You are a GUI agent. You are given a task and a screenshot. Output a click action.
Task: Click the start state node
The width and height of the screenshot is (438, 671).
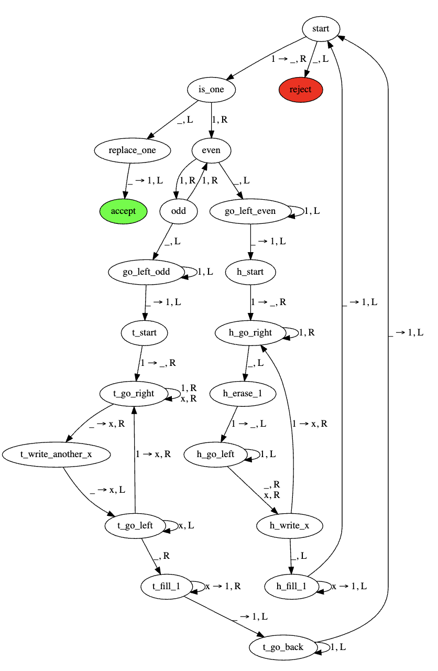point(321,29)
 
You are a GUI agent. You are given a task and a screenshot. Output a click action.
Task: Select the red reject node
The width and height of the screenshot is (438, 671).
point(300,90)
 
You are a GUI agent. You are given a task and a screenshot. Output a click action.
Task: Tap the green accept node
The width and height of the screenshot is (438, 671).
point(123,211)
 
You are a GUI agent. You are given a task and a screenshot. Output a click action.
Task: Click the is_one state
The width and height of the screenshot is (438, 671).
point(211,90)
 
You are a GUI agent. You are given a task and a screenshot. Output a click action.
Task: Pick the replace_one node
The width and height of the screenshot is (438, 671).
point(133,150)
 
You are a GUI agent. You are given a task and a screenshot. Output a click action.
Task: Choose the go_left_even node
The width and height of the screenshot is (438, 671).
point(250,211)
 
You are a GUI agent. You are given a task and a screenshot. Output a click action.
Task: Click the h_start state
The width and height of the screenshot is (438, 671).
point(250,272)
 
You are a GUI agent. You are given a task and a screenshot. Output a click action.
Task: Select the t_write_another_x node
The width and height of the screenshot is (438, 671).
point(56,454)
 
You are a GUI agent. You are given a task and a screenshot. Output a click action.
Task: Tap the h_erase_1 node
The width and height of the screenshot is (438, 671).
point(243,394)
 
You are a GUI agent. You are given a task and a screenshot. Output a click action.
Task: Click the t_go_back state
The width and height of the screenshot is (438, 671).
point(283,647)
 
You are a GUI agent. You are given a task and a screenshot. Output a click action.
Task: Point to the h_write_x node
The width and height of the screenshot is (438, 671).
point(289,526)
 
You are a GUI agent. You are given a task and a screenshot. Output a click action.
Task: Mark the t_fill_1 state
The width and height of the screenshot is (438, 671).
point(166,587)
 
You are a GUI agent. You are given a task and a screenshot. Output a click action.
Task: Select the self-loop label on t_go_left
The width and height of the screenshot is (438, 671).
point(186,525)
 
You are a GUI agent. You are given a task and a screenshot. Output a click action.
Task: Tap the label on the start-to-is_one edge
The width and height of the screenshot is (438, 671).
point(288,59)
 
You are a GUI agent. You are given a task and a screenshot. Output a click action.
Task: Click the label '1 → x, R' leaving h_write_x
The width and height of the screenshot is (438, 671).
point(310,424)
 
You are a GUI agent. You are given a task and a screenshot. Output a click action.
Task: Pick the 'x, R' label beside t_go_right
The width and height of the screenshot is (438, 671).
point(188,398)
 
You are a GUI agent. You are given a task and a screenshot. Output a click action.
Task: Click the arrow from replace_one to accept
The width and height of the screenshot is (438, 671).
point(127,181)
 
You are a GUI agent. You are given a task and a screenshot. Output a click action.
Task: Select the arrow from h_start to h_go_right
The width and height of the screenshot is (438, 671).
point(250,302)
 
